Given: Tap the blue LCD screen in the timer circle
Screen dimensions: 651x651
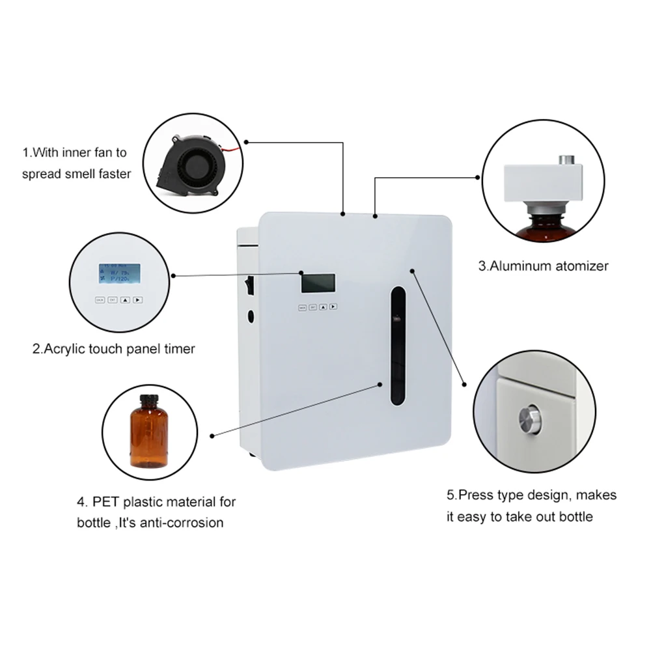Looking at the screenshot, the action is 119,274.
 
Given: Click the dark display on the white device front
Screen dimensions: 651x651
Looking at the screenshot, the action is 318,283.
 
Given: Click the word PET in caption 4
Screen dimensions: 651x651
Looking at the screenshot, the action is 105,502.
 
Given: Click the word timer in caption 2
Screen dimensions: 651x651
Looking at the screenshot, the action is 180,349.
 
